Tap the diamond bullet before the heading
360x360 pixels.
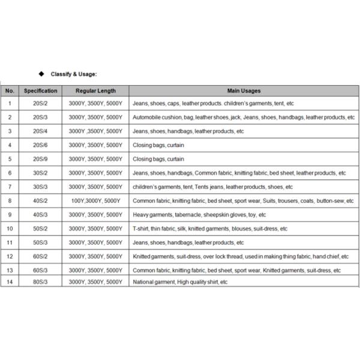coord(41,74)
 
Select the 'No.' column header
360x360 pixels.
coord(10,91)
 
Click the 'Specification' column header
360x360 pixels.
coord(40,91)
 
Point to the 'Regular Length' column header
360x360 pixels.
coord(95,91)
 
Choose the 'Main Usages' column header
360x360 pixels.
coord(244,91)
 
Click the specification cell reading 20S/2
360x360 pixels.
coord(40,103)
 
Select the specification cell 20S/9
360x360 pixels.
coord(40,159)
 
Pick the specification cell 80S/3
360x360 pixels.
coord(40,281)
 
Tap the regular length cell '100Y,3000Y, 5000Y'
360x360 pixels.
coord(95,200)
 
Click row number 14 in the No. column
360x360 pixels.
coord(10,281)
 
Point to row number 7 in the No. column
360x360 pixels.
coord(10,187)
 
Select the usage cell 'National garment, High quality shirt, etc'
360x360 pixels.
coord(180,281)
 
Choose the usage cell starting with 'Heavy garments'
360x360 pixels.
coord(199,214)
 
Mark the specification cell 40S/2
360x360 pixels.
coord(40,200)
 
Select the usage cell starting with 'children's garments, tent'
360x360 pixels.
coord(212,187)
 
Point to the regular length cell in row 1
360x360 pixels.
coord(95,103)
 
